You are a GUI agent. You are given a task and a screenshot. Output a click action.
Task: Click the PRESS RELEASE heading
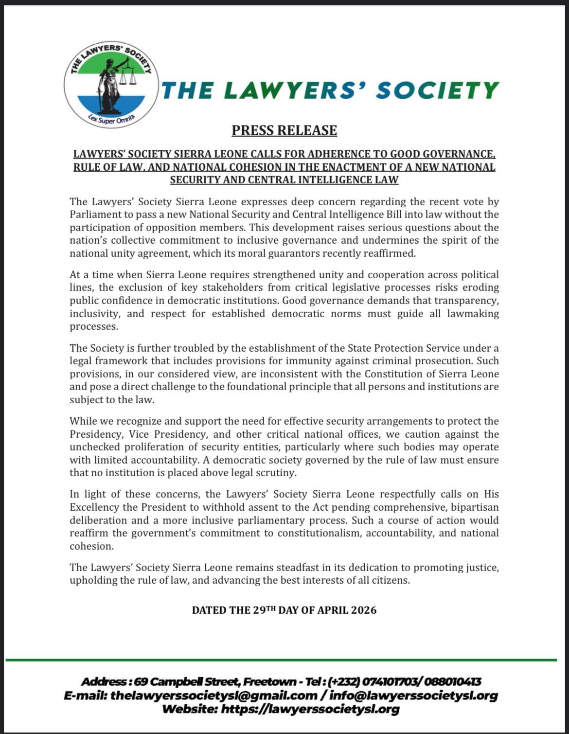pos(284,130)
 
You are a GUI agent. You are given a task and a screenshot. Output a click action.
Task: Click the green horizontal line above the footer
pos(281,660)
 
